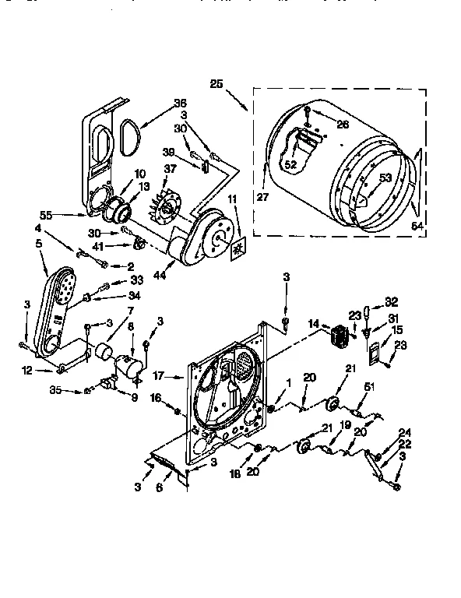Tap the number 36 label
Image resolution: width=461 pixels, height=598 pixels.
[x=181, y=102]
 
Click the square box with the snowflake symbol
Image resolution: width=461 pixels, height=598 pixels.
[x=236, y=247]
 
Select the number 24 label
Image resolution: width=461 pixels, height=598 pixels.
[x=403, y=433]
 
